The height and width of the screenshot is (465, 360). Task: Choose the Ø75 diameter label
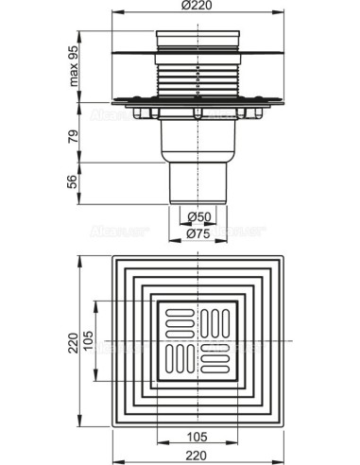197,235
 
